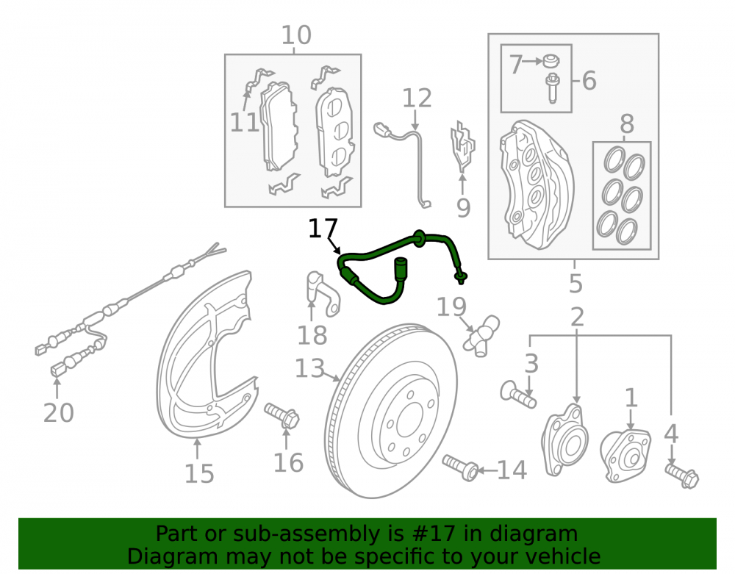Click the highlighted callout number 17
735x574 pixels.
[323, 228]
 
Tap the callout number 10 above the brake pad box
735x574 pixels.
[296, 35]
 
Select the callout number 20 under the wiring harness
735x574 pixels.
[59, 413]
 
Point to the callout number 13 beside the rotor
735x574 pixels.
[309, 368]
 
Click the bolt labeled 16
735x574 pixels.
[282, 416]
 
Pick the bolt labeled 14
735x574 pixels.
[461, 467]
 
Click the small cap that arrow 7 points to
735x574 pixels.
[551, 61]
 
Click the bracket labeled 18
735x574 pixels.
[323, 293]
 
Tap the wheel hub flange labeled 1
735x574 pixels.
[625, 456]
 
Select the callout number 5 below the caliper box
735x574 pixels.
[576, 284]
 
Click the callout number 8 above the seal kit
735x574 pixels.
[627, 124]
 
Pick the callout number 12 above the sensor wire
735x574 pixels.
[417, 98]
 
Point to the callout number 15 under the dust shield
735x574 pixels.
[199, 474]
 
